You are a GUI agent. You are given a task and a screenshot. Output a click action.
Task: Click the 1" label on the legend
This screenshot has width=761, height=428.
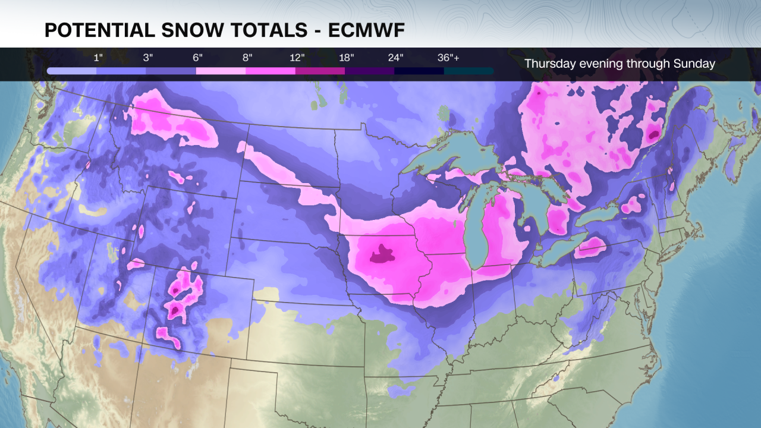tap(98, 58)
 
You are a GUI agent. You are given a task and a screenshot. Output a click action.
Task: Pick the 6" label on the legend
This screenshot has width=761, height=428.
tap(197, 58)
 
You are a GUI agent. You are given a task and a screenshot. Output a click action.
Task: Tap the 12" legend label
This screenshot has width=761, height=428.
tap(297, 58)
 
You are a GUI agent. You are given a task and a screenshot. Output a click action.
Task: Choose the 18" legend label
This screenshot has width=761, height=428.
tap(347, 58)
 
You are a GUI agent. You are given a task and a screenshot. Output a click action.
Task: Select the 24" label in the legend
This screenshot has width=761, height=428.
tap(396, 58)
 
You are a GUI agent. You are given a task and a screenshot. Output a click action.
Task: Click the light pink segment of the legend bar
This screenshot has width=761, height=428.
tap(221, 71)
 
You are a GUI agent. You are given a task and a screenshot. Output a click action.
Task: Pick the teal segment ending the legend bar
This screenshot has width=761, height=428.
tap(468, 71)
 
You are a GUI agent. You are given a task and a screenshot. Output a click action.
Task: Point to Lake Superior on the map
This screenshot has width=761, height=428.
tap(458, 158)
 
